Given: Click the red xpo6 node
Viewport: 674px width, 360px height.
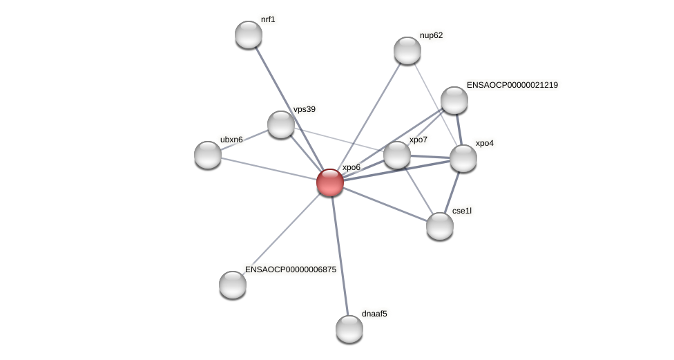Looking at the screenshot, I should click(x=330, y=182).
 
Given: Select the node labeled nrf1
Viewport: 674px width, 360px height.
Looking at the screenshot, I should click(x=249, y=35).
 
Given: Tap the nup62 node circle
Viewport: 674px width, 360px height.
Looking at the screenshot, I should click(x=407, y=50).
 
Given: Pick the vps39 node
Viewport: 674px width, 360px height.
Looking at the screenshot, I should click(x=281, y=124).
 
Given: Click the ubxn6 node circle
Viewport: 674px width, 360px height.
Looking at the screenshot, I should click(x=208, y=155).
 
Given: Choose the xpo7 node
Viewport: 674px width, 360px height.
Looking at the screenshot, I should click(x=397, y=155).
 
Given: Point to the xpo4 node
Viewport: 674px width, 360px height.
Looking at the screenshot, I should click(x=463, y=158).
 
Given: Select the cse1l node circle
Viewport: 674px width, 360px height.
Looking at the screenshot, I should click(x=440, y=226).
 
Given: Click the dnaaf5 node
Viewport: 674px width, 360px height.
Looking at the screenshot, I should click(x=349, y=329).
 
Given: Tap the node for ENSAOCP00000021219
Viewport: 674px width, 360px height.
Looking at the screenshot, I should click(x=454, y=100).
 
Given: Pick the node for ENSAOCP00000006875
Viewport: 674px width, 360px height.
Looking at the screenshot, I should click(x=233, y=285).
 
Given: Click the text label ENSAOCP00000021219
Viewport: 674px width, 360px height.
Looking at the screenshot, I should click(x=512, y=85).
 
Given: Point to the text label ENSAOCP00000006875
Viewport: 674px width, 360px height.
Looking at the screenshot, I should click(x=291, y=269).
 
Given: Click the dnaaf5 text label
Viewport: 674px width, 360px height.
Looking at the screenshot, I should click(x=374, y=314).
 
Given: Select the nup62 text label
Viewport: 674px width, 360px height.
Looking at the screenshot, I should click(x=431, y=35).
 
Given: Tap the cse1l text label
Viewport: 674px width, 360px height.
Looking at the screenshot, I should click(x=461, y=210).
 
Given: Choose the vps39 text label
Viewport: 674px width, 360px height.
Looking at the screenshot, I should click(x=304, y=109).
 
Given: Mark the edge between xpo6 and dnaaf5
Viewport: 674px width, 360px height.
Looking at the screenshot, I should click(x=340, y=256).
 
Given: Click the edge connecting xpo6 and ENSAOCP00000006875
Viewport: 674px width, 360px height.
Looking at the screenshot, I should click(x=282, y=234).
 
